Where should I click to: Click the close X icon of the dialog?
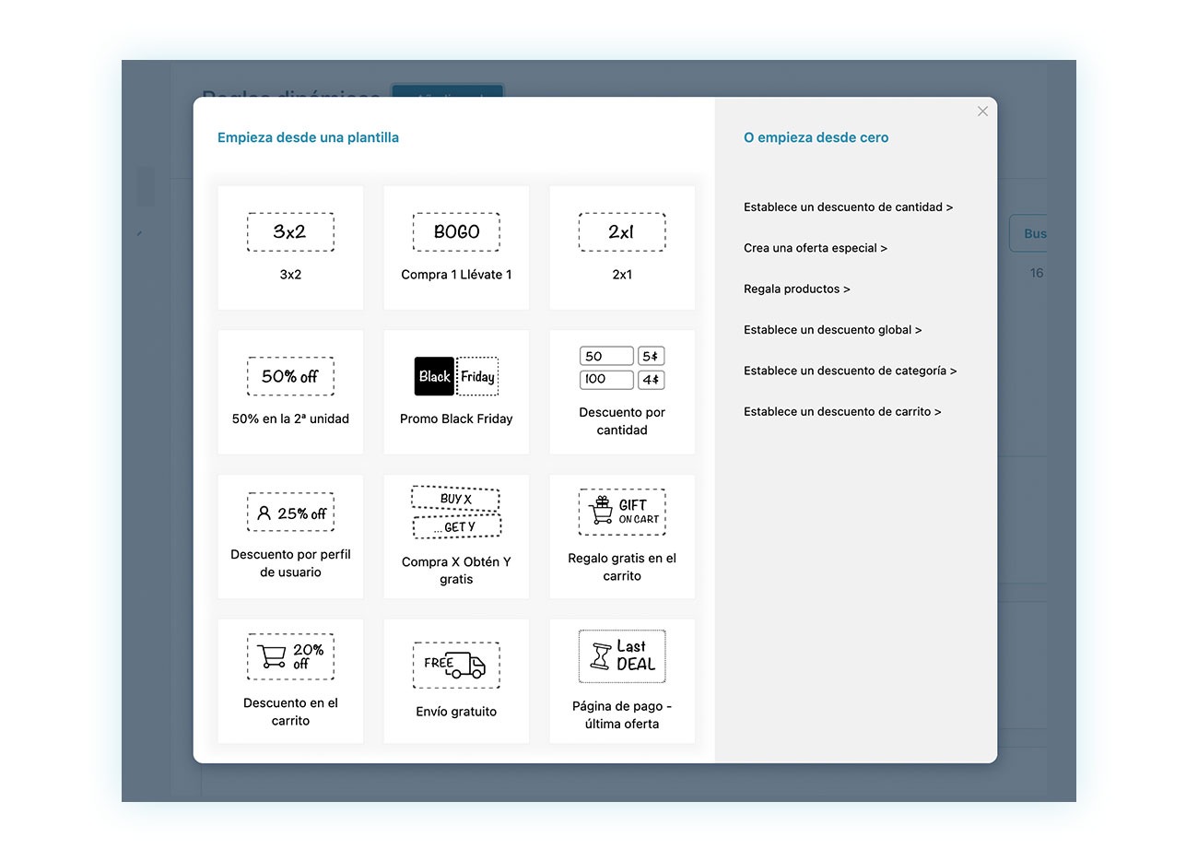[x=982, y=112]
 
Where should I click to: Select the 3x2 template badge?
[x=290, y=232]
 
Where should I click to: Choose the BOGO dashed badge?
[x=456, y=232]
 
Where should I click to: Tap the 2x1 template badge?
[x=622, y=232]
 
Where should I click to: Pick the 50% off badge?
[x=290, y=376]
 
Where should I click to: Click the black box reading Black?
[x=434, y=376]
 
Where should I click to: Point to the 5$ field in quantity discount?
[x=651, y=357]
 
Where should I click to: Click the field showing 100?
[x=606, y=380]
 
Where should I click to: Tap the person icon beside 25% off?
[x=264, y=513]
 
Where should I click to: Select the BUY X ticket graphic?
[x=455, y=499]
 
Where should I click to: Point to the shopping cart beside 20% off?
[x=272, y=656]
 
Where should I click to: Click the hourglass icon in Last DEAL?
[x=601, y=656]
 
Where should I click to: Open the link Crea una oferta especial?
[x=815, y=248]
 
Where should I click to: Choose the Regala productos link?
[x=796, y=289]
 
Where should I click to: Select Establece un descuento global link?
[x=832, y=330]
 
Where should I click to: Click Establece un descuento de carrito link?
[x=842, y=412]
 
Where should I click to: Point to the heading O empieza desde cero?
[x=816, y=137]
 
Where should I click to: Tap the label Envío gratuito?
[x=456, y=712]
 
